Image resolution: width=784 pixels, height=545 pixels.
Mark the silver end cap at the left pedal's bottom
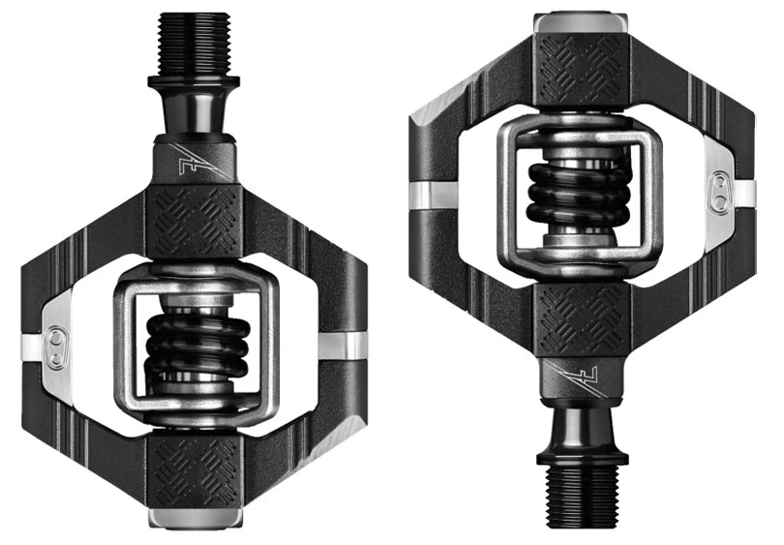tap(194, 518)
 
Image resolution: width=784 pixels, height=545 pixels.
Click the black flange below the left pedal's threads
tap(194, 81)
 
